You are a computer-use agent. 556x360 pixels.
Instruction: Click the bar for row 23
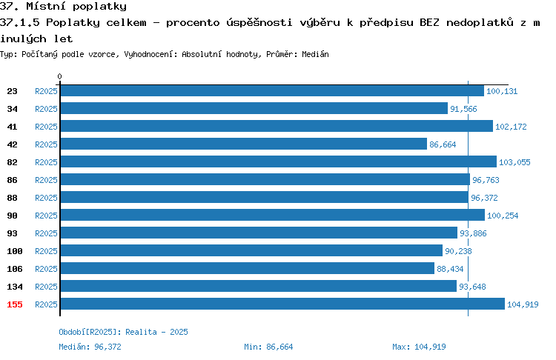272,90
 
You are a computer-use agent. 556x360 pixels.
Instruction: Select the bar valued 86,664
244,144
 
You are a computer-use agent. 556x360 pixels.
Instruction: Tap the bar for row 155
282,304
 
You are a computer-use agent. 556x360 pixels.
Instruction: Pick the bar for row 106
248,268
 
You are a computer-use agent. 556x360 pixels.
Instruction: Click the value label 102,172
511,127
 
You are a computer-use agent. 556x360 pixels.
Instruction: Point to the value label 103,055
514,162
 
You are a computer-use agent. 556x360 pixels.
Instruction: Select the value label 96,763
486,180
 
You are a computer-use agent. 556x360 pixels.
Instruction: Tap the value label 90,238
458,251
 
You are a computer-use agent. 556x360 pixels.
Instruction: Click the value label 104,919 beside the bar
523,304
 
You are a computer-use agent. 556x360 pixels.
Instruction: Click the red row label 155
15,304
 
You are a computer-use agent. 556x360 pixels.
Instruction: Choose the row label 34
12,109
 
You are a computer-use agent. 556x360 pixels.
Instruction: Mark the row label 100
15,251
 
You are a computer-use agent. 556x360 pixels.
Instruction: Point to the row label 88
12,198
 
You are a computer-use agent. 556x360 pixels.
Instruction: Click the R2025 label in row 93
46,233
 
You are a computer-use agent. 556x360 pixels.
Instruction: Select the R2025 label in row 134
46,287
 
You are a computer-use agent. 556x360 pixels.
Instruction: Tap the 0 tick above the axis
59,76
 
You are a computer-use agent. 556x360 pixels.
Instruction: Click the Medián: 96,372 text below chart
90,347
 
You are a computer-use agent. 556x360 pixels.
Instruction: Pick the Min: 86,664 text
268,347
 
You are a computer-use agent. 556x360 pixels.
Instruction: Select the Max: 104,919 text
419,347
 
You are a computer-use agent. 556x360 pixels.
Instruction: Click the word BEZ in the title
429,23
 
